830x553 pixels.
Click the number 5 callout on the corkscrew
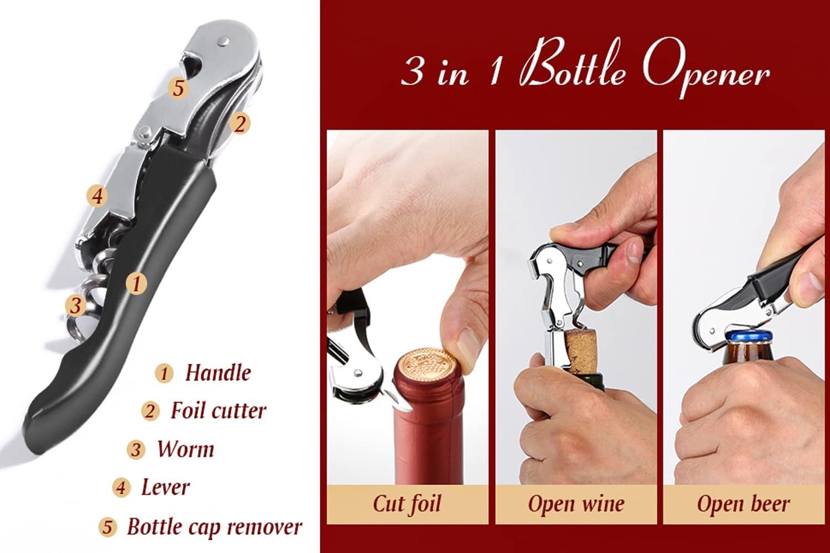point(178,87)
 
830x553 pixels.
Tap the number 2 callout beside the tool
point(239,123)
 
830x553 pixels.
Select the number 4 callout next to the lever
point(97,196)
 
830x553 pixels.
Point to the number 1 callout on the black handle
point(136,283)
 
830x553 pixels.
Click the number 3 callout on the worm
point(75,305)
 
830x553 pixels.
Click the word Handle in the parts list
point(217,373)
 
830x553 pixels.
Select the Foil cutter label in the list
point(218,411)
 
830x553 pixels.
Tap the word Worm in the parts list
point(185,449)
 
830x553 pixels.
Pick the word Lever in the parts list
point(165,487)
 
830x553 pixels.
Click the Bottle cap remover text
point(215,526)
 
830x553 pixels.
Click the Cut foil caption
point(407,504)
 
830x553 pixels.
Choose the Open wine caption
point(576,504)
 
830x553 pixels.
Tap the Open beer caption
point(743,504)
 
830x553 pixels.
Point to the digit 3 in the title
point(412,72)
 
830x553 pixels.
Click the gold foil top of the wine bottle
point(425,368)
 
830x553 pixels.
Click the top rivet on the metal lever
point(223,40)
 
